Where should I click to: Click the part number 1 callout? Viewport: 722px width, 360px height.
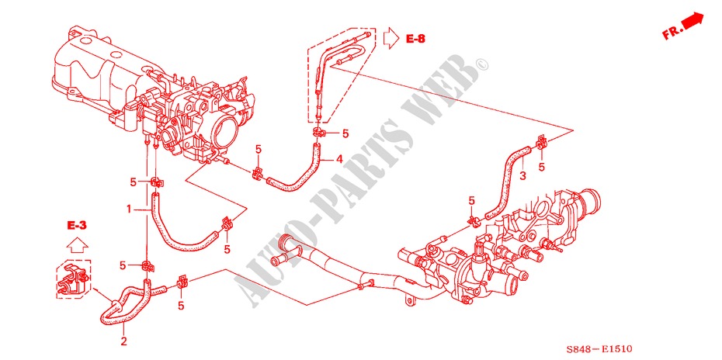pos(128,209)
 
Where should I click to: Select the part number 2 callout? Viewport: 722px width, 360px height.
pos(123,340)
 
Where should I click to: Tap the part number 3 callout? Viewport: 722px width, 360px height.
pos(522,177)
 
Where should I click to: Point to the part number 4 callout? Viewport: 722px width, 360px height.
pos(339,161)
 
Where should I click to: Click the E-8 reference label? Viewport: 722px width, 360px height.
pos(416,37)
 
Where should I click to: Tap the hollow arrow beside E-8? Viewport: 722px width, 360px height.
pos(391,36)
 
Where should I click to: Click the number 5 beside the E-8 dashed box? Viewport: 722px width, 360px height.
pos(345,133)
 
